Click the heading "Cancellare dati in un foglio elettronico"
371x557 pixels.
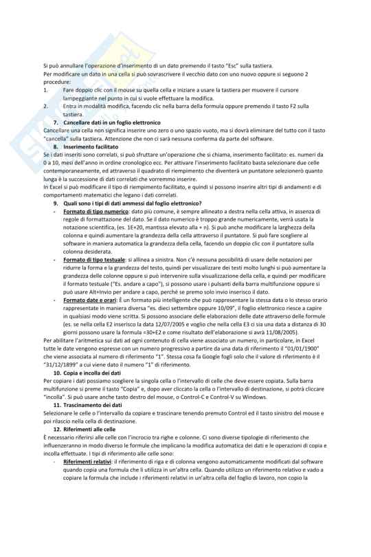coord(107,122)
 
